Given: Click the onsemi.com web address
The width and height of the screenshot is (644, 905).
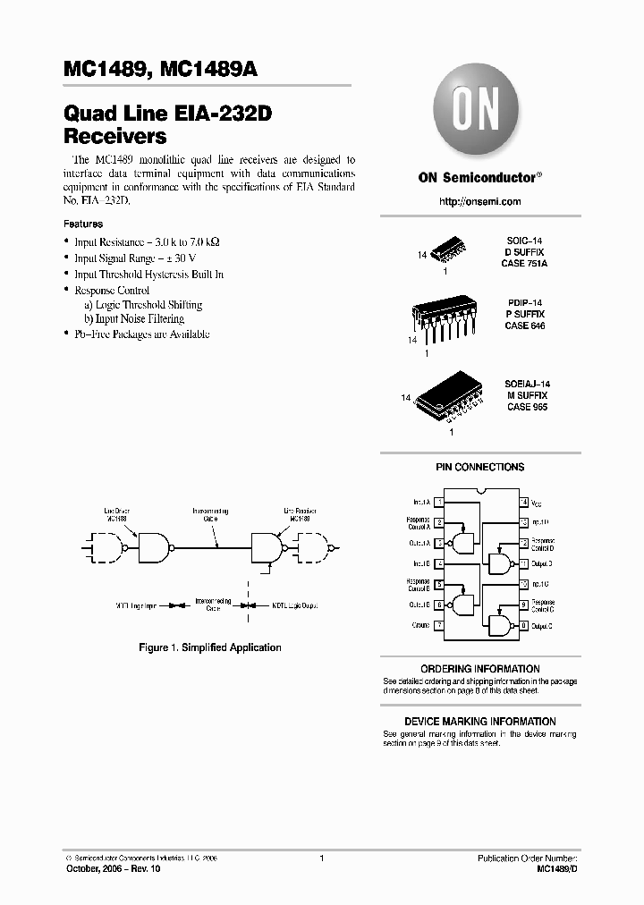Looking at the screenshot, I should point(479,202).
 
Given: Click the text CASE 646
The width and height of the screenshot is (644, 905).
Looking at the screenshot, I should point(524,326).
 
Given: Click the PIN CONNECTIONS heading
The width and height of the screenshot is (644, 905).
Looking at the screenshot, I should point(479,467).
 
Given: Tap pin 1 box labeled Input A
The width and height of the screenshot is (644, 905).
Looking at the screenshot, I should point(438,503).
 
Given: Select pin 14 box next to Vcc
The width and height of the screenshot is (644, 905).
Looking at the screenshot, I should point(525,503).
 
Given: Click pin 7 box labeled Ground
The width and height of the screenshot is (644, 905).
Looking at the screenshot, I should point(438,626).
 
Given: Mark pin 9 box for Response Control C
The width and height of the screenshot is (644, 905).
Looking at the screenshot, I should point(525,605).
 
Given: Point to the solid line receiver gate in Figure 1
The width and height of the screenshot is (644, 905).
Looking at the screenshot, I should point(267,545).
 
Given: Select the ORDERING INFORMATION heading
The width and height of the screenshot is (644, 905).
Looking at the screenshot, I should point(479,669).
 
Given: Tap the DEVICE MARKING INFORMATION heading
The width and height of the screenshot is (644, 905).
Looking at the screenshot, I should point(479,722).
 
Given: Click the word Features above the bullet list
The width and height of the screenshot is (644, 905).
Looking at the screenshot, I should point(83,224).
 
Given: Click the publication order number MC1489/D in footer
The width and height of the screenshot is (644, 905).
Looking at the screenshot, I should point(558,869).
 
